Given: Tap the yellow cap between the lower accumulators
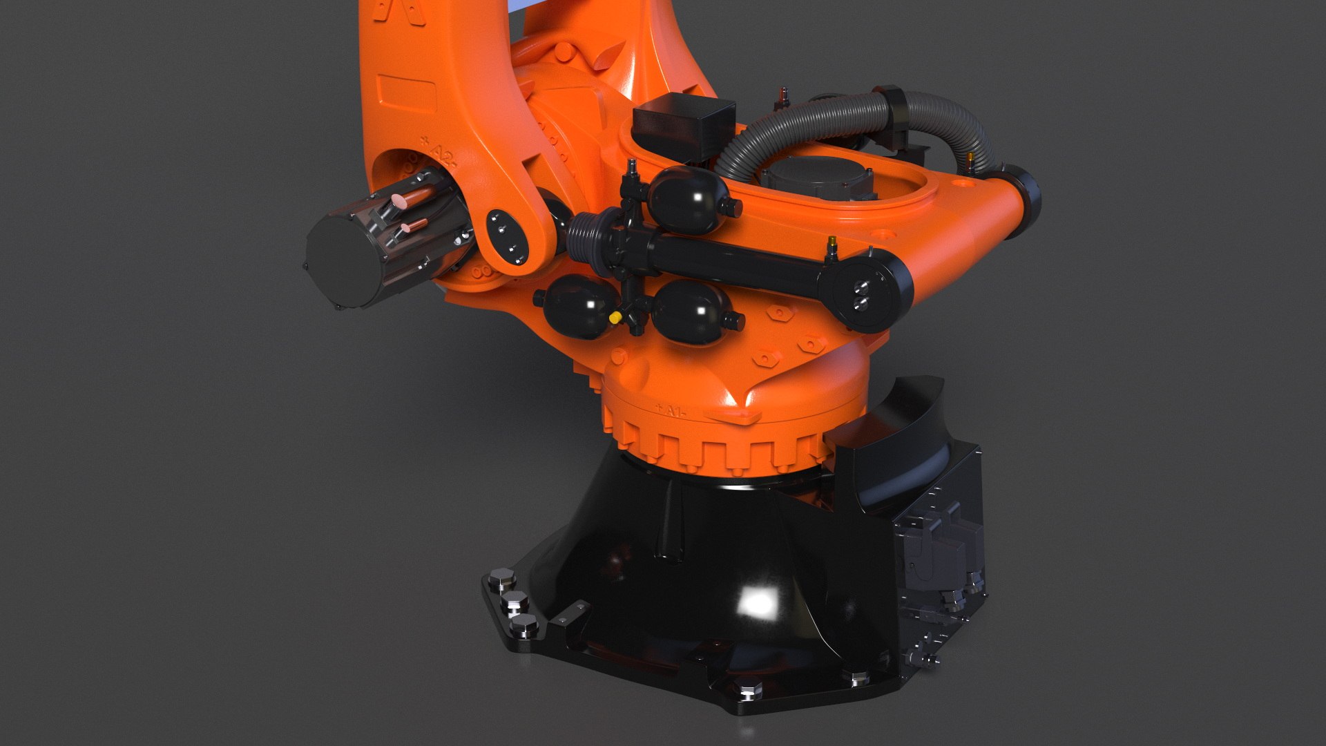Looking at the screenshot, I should pos(614,317).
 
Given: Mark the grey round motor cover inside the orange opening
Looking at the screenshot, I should pos(818,176).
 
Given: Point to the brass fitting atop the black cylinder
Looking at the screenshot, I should pos(832,244).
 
